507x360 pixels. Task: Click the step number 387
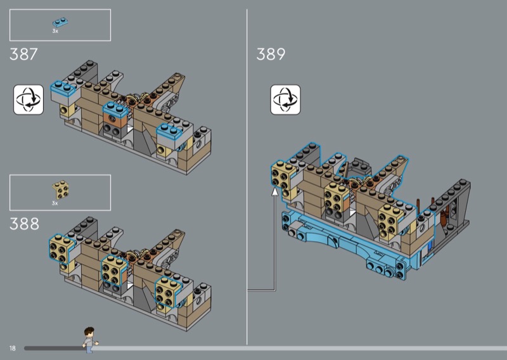[x=23, y=54]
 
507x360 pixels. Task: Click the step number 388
[x=24, y=224]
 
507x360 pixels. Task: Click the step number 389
[x=271, y=54]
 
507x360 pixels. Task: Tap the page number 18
[x=12, y=348]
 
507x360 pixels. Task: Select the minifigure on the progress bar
[x=89, y=340]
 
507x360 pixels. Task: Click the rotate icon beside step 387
[x=29, y=100]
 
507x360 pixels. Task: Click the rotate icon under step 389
[x=285, y=100]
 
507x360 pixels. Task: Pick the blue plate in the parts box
[x=60, y=22]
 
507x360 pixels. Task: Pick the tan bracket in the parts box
[x=60, y=190]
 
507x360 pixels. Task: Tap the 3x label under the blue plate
[x=55, y=31]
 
